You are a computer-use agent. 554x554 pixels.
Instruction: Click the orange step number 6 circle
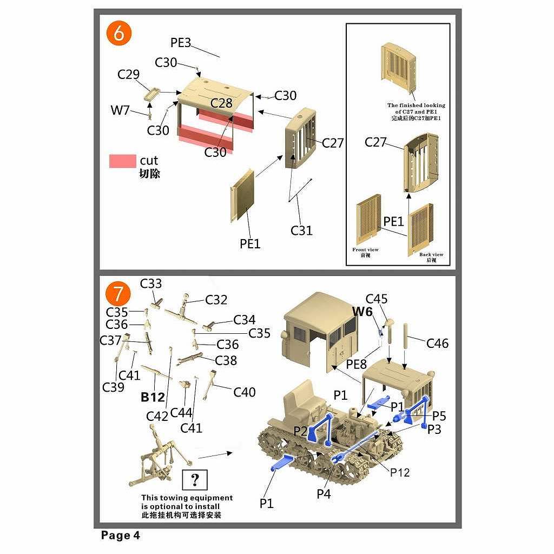coord(119,34)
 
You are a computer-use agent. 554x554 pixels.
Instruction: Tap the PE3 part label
coord(181,43)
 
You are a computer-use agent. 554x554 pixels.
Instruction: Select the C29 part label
coord(129,75)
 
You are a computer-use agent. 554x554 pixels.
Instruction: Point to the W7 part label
coord(120,110)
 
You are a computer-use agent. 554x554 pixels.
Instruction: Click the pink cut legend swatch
coord(123,161)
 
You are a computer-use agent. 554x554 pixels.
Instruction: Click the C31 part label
coord(301,230)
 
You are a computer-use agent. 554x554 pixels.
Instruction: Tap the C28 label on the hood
coord(221,103)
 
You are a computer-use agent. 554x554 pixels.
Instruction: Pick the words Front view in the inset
coord(365,250)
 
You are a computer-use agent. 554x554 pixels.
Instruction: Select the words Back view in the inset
coord(431,254)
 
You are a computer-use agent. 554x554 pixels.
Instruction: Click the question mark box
coord(195,479)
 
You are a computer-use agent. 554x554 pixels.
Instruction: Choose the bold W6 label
coord(362,312)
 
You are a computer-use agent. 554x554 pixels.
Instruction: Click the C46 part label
coord(437,343)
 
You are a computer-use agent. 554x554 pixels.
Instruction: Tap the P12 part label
coord(400,472)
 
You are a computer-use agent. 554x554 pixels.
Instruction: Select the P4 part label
coord(324,493)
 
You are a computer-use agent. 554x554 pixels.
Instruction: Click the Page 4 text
coord(121,536)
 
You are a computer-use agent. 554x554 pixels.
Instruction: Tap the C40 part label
coord(244,392)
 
